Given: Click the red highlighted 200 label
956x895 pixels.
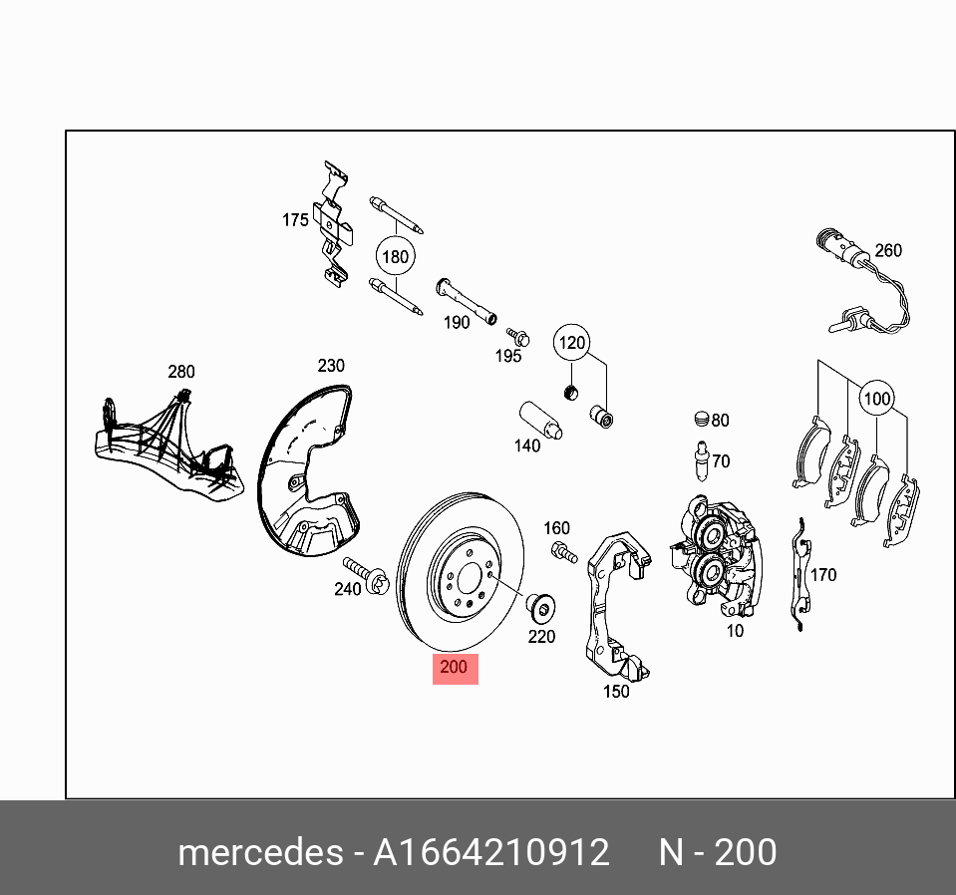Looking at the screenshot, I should (x=455, y=669).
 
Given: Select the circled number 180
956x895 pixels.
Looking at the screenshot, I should (x=396, y=257).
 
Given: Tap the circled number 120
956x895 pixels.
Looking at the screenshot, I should (x=572, y=343).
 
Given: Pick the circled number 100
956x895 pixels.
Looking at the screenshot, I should (x=876, y=400).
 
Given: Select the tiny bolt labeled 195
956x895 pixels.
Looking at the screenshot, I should (x=515, y=335).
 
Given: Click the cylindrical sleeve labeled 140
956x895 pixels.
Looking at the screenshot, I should (x=539, y=420).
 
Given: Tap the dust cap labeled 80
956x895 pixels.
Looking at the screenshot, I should (x=701, y=419).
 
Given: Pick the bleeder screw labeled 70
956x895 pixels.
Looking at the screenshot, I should (x=701, y=461).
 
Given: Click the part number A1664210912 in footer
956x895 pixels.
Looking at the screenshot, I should (x=490, y=853).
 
